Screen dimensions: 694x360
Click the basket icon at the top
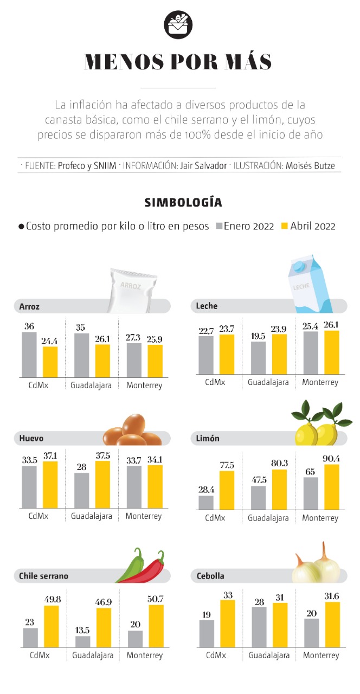178,24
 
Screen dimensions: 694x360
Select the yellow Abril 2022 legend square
285,226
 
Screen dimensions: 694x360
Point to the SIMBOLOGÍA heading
183,203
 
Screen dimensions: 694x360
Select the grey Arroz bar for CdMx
29,355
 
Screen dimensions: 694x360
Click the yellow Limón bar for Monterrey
331,487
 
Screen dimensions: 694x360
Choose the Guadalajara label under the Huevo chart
92,516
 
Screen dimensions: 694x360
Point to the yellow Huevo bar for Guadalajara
102,484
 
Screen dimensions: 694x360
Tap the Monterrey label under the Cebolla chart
320,656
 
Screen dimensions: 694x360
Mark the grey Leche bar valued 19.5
258,358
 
